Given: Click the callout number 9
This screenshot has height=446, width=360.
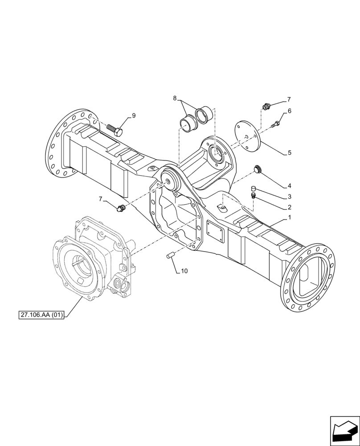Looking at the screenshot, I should [134, 116].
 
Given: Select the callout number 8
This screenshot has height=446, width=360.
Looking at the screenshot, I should [175, 98].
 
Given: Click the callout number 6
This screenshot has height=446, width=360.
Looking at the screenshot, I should [289, 111].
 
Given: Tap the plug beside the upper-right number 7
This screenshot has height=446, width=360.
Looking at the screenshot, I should [267, 106].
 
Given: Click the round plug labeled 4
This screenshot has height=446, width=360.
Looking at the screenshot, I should [258, 169].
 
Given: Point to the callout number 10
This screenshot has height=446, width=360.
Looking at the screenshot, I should [185, 271].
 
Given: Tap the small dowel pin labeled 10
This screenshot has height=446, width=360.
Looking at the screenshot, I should [169, 256].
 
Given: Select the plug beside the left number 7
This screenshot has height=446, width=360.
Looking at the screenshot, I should [120, 208].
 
